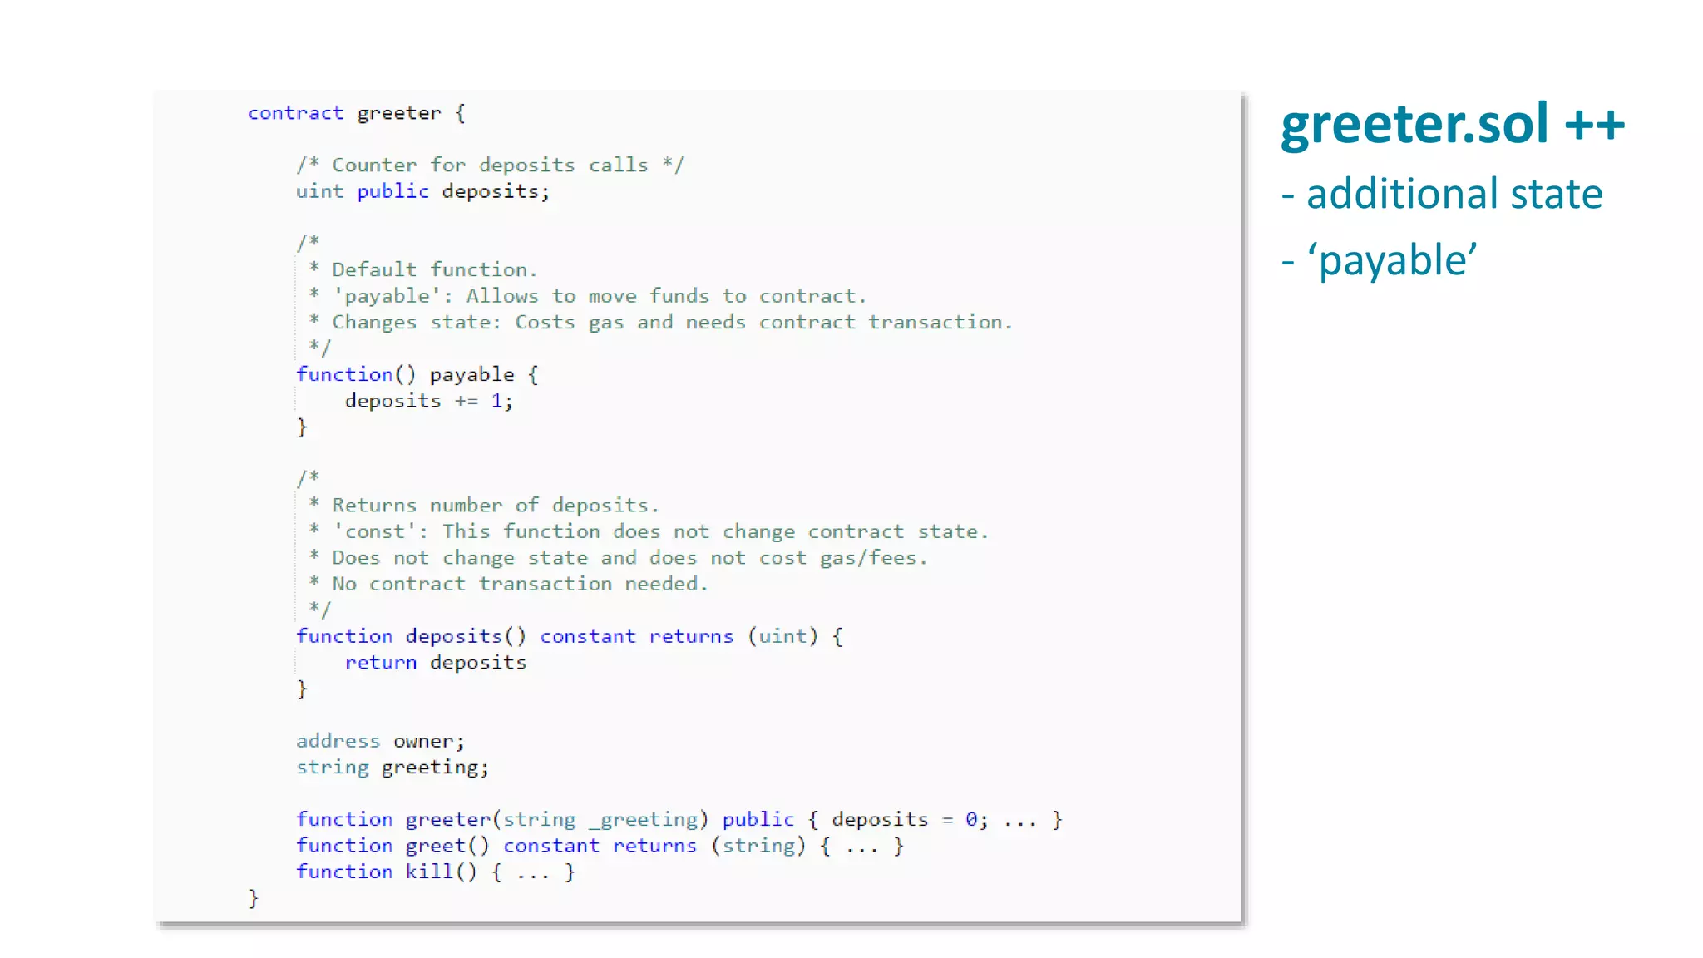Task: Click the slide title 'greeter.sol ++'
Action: (x=1452, y=125)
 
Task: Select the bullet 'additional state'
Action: (x=1454, y=194)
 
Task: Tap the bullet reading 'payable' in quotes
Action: (x=1397, y=260)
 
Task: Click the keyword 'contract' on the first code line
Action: (x=295, y=113)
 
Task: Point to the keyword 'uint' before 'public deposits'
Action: (x=319, y=191)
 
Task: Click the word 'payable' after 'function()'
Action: (x=471, y=375)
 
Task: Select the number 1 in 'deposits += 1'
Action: (x=496, y=401)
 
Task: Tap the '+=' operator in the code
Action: (x=466, y=401)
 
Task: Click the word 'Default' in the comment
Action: (x=373, y=270)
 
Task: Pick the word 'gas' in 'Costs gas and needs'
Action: (x=605, y=323)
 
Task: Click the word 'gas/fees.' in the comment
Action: (x=873, y=558)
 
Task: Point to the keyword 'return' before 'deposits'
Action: (x=380, y=663)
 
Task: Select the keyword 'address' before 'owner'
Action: (x=338, y=741)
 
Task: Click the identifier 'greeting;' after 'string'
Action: (x=435, y=768)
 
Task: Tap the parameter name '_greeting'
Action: (x=644, y=820)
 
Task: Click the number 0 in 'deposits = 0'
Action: (x=971, y=820)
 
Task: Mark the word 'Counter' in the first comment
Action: (x=374, y=165)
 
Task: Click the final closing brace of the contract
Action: (x=254, y=898)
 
